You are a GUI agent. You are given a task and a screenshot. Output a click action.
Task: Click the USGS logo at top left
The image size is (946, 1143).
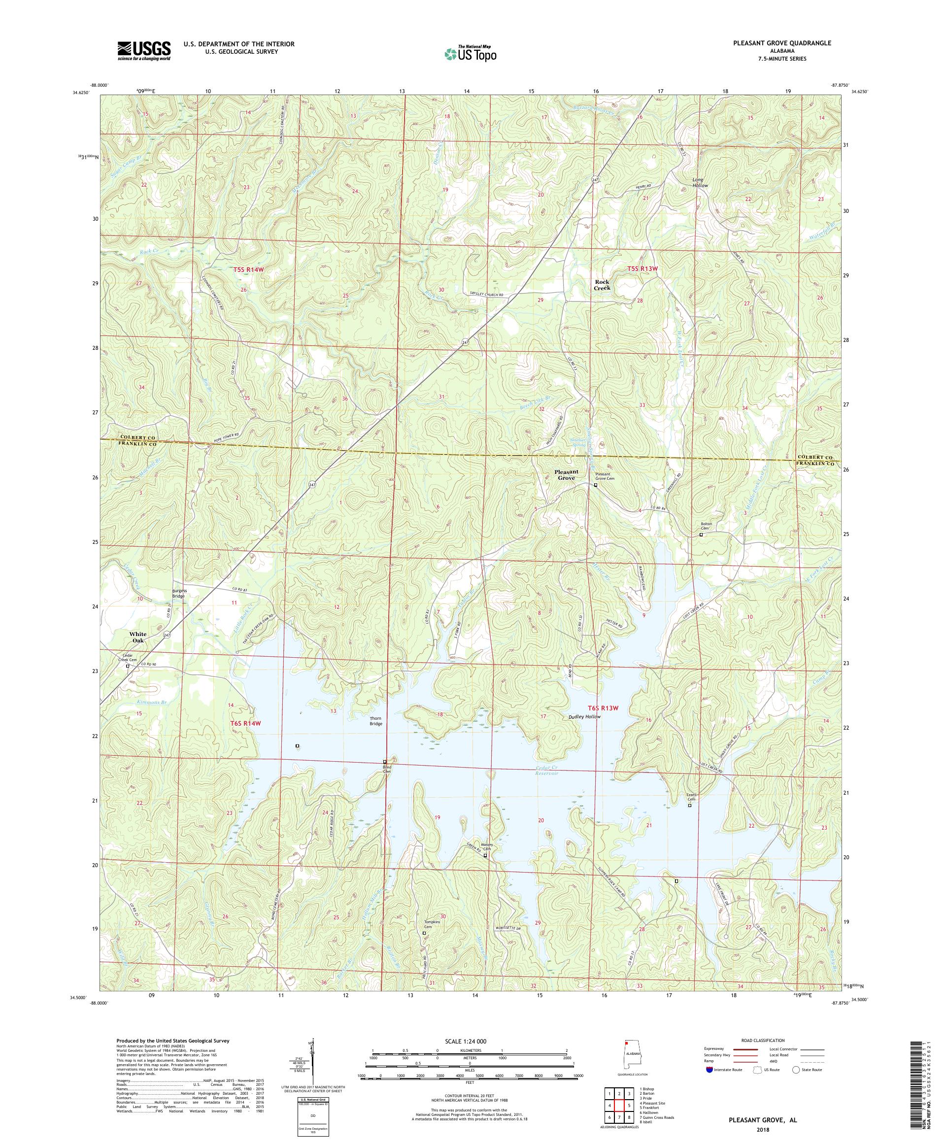pyautogui.click(x=144, y=51)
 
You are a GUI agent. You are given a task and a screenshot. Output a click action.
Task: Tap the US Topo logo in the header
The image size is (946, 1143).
pyautogui.click(x=471, y=53)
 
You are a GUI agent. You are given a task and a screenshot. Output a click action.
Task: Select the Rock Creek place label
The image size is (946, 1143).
pyautogui.click(x=602, y=285)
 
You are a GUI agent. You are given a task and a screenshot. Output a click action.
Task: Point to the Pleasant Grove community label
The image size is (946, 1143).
pyautogui.click(x=566, y=474)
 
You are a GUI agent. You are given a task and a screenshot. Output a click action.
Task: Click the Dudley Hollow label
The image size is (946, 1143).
pyautogui.click(x=584, y=717)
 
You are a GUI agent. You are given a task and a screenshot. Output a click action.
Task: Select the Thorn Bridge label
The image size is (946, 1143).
pyautogui.click(x=375, y=721)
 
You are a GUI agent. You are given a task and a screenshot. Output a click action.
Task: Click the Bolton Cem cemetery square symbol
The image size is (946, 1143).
pyautogui.click(x=701, y=535)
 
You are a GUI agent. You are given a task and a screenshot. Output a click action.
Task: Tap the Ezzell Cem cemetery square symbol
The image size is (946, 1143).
pyautogui.click(x=690, y=806)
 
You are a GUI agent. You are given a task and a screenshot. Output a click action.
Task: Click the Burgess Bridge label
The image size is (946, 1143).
pyautogui.click(x=179, y=593)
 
